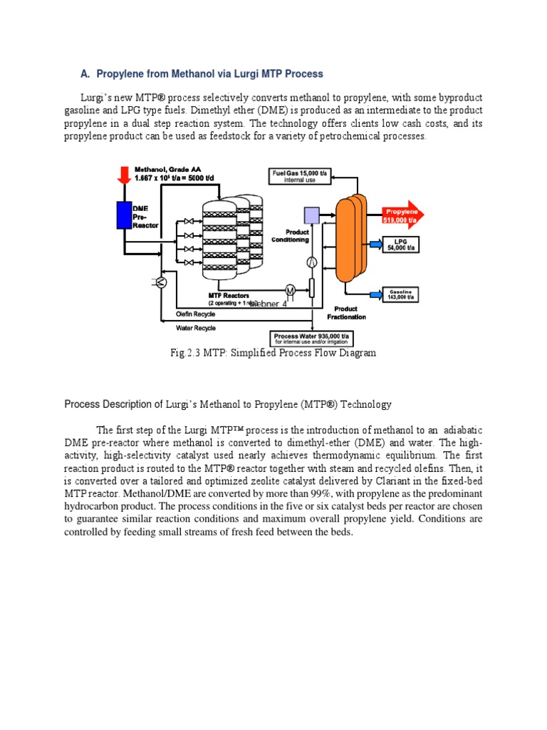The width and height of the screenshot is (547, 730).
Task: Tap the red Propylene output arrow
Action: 404,212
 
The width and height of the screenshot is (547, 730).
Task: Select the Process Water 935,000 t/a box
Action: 311,338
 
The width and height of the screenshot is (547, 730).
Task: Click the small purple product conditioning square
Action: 311,215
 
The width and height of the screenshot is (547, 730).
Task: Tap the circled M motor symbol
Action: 290,289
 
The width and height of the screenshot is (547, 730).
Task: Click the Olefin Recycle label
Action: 196,314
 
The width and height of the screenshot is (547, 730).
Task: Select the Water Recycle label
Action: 195,328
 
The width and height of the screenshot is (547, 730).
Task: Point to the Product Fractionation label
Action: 347,313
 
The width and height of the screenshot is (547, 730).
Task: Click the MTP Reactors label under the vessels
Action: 229,295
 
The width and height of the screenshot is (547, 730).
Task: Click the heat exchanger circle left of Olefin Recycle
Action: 161,283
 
